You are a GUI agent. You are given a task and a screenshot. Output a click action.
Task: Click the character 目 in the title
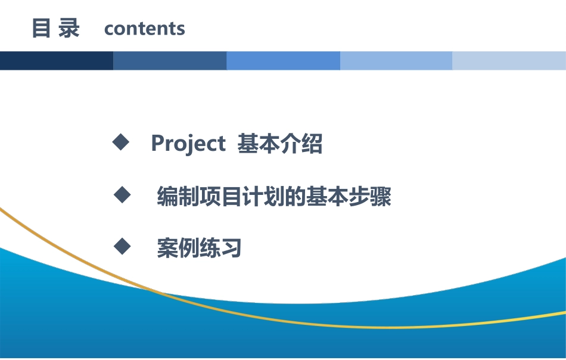pos(41,29)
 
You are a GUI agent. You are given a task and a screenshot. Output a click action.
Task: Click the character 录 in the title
pos(69,29)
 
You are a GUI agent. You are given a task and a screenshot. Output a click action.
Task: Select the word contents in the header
pos(144,29)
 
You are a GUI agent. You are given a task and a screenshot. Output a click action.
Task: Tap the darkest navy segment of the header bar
pos(57,61)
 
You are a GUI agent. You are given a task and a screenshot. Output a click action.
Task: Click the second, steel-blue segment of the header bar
pos(170,61)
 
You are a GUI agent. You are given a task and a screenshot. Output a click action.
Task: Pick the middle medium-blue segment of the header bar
pos(283,61)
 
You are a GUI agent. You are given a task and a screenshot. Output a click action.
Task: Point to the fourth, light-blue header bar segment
pos(396,61)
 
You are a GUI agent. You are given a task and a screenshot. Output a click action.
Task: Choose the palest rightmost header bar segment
pos(509,61)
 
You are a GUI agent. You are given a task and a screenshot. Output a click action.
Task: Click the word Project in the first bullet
pos(188,144)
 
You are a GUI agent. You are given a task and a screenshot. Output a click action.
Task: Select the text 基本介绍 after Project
pos(280,144)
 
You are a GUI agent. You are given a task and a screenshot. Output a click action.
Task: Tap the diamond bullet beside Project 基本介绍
pos(121,142)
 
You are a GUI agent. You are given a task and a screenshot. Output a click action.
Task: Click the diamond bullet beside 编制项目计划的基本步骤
pos(122,195)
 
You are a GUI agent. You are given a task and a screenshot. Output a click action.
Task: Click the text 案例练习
pos(199,248)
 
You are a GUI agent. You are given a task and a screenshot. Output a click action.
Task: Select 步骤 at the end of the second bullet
pos(370,197)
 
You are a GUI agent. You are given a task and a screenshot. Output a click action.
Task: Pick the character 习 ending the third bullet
pos(231,248)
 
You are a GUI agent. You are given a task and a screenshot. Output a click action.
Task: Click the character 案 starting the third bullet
pos(167,248)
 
